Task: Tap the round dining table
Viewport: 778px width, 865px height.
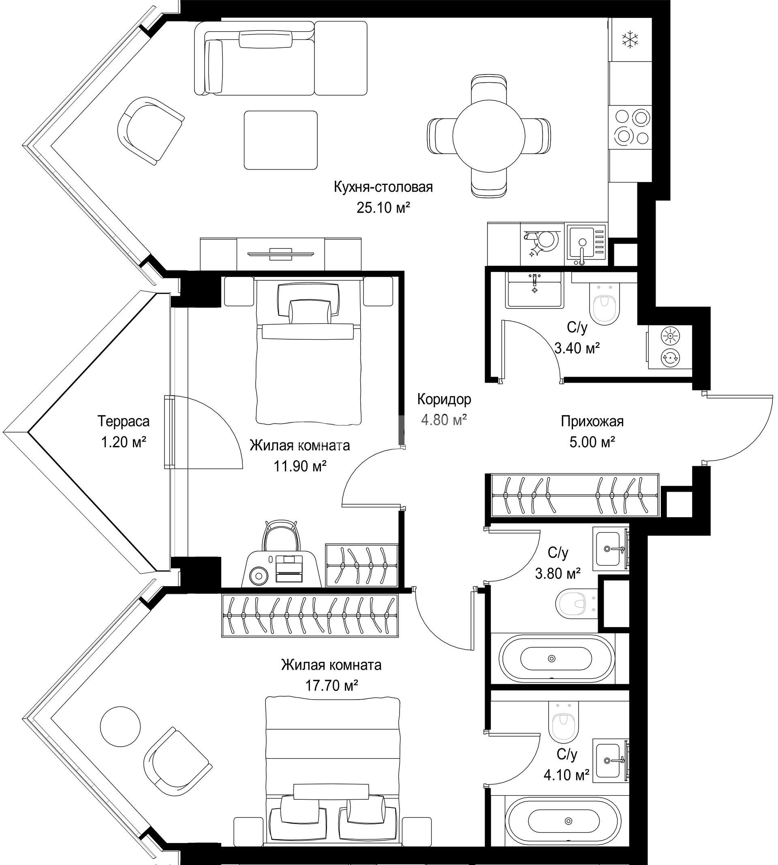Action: [489, 135]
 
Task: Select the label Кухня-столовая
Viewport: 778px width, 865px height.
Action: [383, 187]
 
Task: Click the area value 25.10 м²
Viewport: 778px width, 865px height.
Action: [383, 208]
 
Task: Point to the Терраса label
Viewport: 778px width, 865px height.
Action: [124, 421]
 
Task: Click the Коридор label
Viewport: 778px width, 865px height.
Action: [444, 399]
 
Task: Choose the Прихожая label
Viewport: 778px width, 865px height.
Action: [592, 421]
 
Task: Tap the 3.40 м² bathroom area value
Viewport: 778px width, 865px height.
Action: [577, 348]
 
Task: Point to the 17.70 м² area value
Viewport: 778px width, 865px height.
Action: [331, 686]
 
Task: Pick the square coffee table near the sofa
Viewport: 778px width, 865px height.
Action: [281, 140]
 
